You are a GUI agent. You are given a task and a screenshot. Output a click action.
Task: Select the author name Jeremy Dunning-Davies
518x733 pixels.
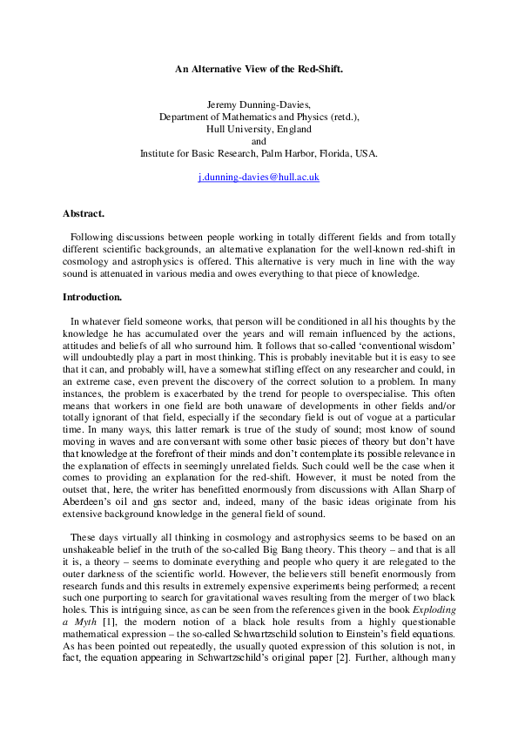point(259,104)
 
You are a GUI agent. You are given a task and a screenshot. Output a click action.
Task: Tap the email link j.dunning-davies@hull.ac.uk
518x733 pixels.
point(259,177)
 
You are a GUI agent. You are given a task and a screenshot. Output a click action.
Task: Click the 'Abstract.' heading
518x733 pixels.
point(84,213)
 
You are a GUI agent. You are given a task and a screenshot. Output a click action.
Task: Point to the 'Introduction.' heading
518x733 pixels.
point(92,297)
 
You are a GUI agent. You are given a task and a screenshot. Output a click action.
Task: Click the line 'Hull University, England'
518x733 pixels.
point(259,128)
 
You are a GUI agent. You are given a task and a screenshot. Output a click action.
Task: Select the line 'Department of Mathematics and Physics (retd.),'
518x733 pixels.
point(259,116)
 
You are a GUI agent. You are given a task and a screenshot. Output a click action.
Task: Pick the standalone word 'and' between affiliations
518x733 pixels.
point(259,140)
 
